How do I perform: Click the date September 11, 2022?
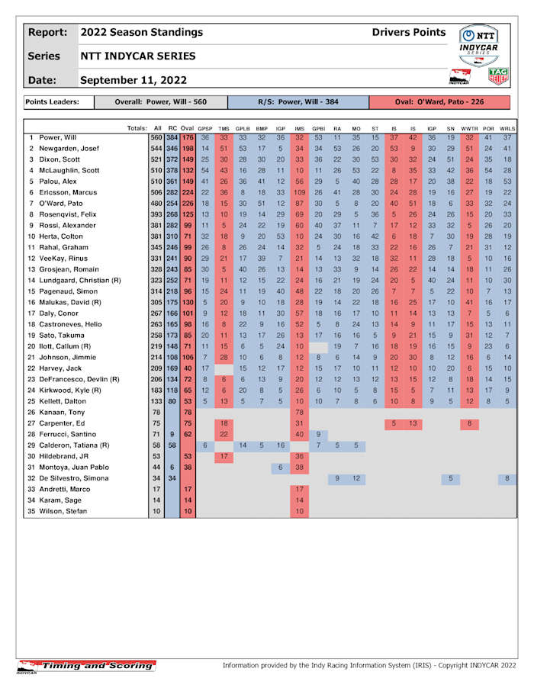tap(133, 79)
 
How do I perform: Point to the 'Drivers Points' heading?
tap(409, 32)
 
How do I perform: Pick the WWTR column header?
tap(470, 127)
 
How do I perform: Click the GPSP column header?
tap(205, 127)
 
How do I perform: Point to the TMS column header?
tap(224, 127)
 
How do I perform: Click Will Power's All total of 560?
tap(156, 137)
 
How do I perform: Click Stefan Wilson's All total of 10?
tap(156, 510)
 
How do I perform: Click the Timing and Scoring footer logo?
tap(85, 666)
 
